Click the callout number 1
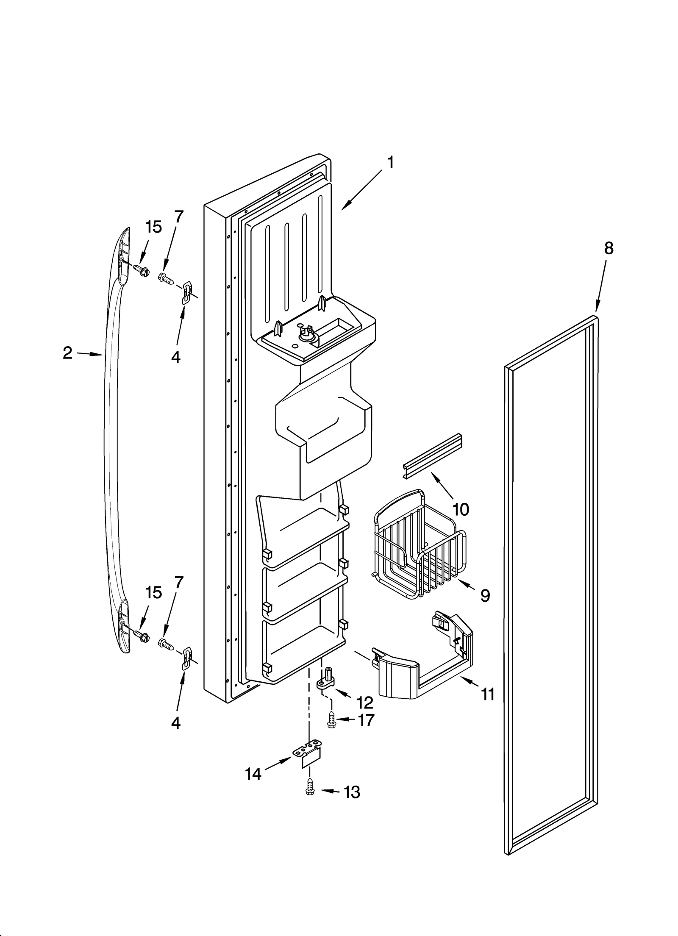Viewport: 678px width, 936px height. pyautogui.click(x=390, y=162)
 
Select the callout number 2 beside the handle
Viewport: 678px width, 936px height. pyautogui.click(x=67, y=353)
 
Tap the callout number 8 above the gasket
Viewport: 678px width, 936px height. pyautogui.click(x=608, y=248)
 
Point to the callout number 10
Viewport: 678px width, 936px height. pyautogui.click(x=461, y=509)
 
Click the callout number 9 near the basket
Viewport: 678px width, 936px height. pyautogui.click(x=485, y=596)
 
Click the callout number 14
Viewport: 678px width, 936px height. pyautogui.click(x=253, y=774)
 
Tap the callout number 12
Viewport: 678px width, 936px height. pyautogui.click(x=364, y=703)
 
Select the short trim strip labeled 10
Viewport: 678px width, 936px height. pyautogui.click(x=431, y=456)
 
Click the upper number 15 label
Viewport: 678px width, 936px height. pyautogui.click(x=153, y=227)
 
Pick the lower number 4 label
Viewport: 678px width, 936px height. pyautogui.click(x=175, y=723)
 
